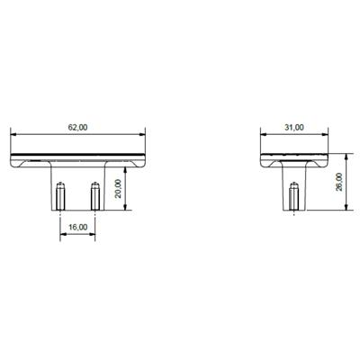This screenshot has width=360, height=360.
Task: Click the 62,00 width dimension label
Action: point(77,128)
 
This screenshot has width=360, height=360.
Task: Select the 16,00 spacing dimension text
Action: point(77,227)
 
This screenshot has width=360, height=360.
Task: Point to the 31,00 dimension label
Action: point(294,128)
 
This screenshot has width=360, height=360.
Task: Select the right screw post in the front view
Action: point(95,195)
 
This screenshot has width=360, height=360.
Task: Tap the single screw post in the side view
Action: point(294,195)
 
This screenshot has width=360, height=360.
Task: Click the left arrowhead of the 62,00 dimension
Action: point(13,134)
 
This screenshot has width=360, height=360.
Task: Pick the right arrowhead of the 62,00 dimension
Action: point(144,134)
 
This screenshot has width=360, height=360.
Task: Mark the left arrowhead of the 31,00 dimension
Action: point(262,134)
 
